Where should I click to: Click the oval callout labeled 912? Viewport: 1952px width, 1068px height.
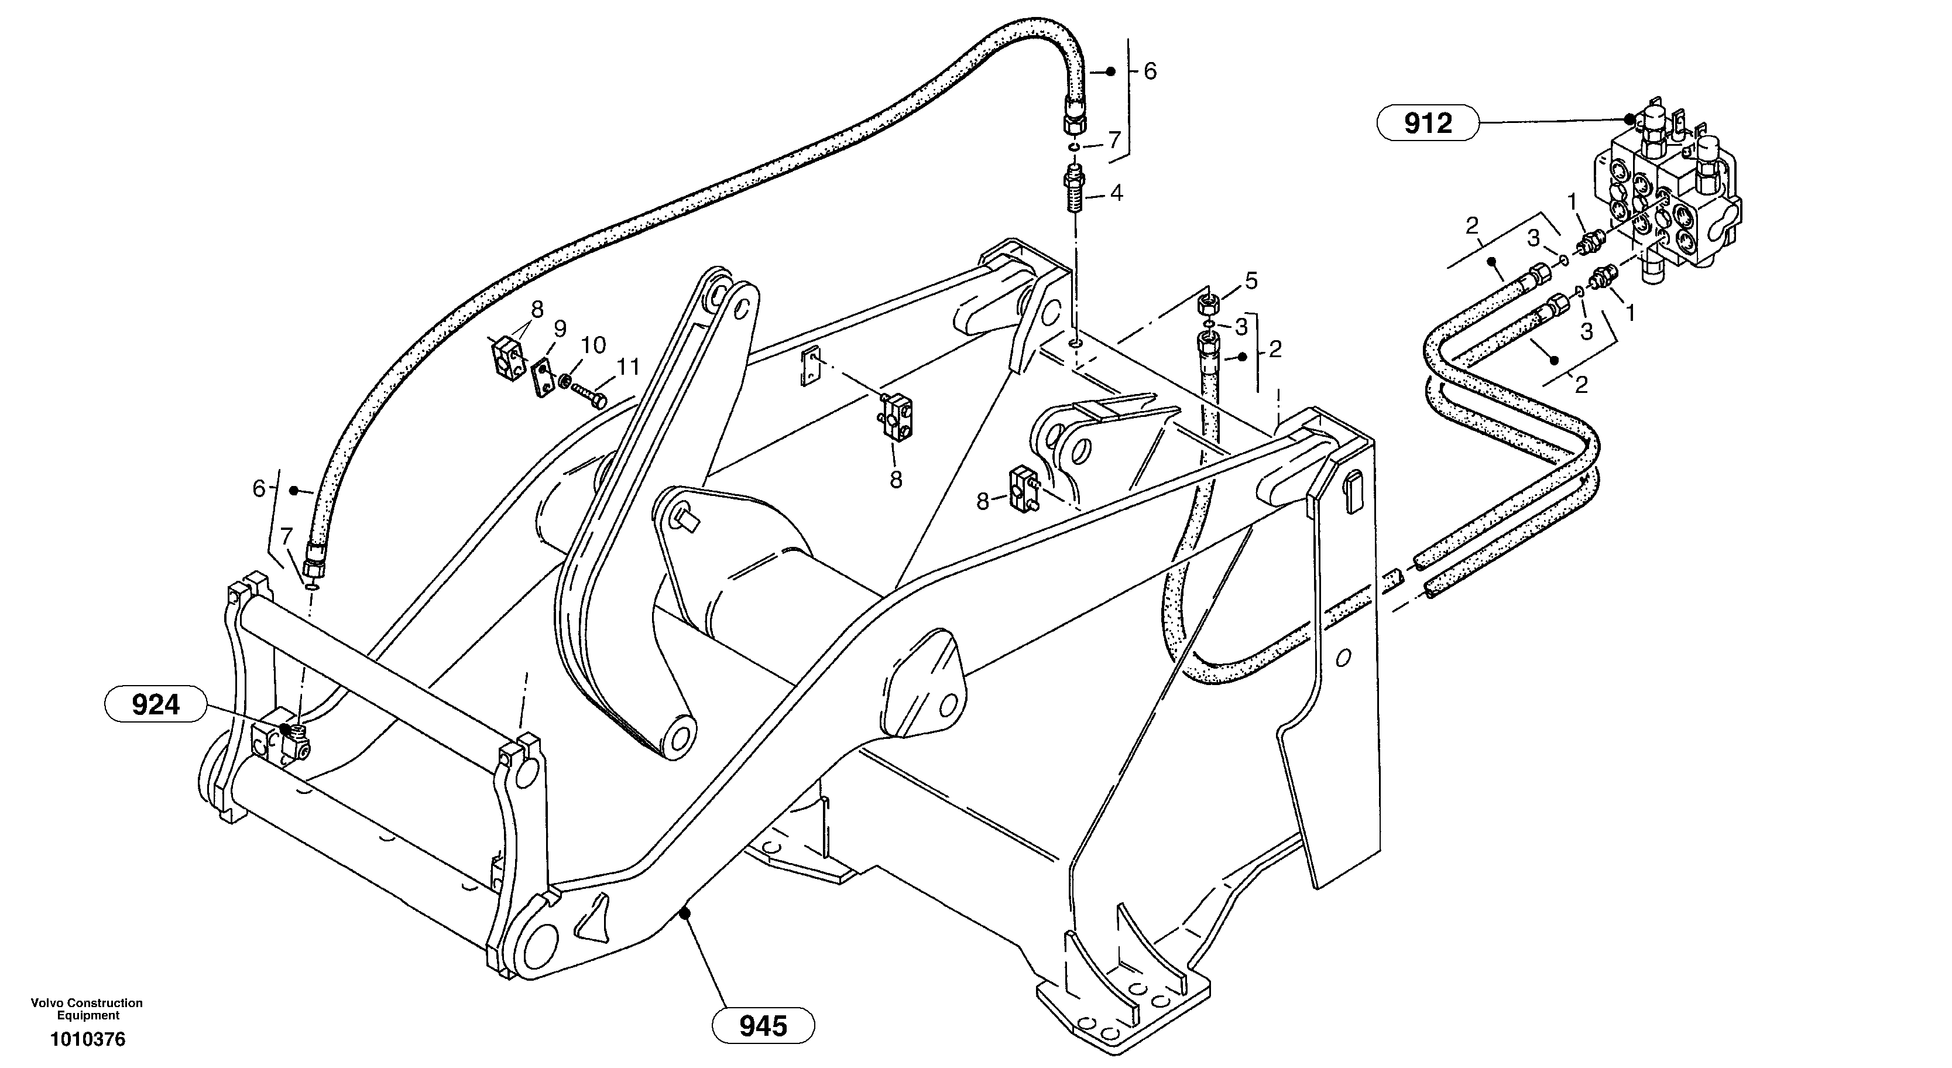(1428, 123)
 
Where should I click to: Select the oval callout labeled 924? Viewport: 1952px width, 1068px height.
(155, 706)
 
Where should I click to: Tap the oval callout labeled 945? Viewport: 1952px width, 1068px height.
(763, 1026)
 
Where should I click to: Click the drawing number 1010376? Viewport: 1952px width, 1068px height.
(88, 1039)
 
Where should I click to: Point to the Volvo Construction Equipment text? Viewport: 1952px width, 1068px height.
(87, 1009)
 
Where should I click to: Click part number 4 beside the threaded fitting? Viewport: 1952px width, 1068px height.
(1116, 193)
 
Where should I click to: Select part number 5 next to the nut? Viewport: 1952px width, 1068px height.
(1251, 281)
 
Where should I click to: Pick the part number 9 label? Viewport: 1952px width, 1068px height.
(560, 329)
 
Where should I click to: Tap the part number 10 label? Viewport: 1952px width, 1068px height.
(594, 345)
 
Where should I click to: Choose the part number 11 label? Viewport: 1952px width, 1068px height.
(628, 368)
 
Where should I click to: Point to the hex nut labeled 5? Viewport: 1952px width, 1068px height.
(1207, 306)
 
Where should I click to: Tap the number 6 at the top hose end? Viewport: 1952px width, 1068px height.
(1150, 72)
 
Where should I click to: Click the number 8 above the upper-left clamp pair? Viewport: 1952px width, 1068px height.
(537, 309)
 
